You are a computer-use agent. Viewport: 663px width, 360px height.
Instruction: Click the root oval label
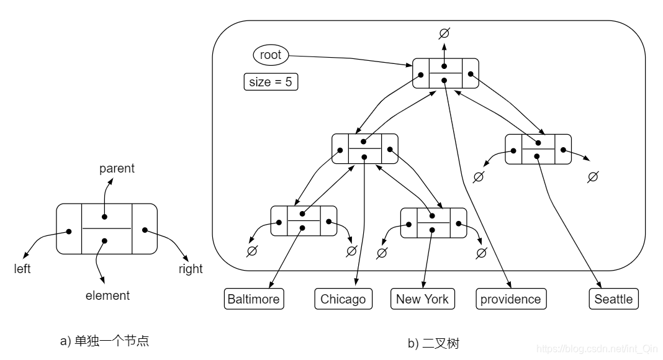click(x=271, y=55)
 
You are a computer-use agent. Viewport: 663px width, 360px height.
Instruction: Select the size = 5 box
click(x=271, y=82)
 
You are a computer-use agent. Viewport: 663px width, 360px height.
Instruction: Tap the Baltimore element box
click(x=253, y=299)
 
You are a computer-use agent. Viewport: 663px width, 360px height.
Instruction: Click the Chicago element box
click(x=343, y=299)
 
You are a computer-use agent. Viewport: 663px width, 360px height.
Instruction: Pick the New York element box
click(x=422, y=299)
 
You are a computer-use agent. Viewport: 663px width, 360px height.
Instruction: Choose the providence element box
click(x=511, y=299)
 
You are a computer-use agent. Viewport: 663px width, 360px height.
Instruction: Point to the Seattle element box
click(x=613, y=299)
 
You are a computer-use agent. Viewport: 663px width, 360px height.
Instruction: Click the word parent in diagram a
click(x=117, y=169)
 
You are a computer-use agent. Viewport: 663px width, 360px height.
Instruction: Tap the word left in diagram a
click(x=22, y=269)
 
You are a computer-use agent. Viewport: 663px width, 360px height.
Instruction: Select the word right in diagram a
click(x=191, y=269)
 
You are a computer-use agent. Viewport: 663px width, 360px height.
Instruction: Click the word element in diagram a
click(x=108, y=295)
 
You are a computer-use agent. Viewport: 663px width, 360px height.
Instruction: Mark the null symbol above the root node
click(x=444, y=33)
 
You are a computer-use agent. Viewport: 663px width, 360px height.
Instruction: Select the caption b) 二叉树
click(x=433, y=343)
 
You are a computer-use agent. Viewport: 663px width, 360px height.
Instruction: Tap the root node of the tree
click(x=446, y=73)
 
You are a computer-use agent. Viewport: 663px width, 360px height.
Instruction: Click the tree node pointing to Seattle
click(x=538, y=149)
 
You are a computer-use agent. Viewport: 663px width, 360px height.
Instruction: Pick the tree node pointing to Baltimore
click(x=304, y=221)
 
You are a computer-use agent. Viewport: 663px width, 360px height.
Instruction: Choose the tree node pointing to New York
click(x=433, y=223)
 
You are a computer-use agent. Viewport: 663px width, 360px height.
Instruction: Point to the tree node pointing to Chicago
click(x=364, y=148)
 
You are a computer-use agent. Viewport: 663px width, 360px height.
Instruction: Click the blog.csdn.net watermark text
click(x=597, y=350)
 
